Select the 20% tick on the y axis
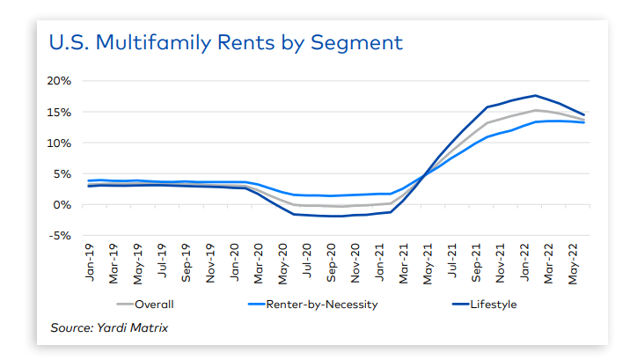pos(59,81)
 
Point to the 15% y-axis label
pos(59,112)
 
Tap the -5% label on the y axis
pos(59,236)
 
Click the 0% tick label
pos(62,205)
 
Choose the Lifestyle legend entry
pos(492,305)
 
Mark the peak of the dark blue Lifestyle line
pos(535,95)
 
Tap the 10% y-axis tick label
pos(59,143)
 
